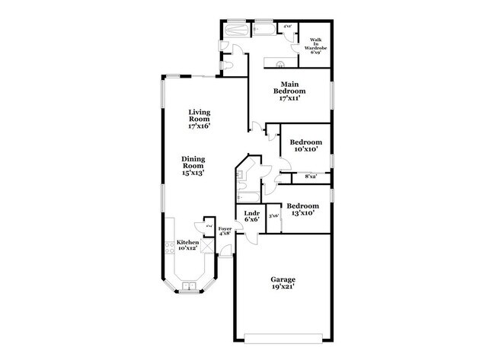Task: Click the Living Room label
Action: pyautogui.click(x=199, y=119)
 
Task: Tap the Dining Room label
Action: pyautogui.click(x=192, y=166)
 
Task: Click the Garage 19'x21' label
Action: pyautogui.click(x=283, y=283)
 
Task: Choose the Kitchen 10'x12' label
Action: pyautogui.click(x=188, y=245)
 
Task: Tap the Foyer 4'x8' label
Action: pyautogui.click(x=225, y=232)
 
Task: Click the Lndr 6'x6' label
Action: pyautogui.click(x=251, y=216)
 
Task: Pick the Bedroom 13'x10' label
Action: pyautogui.click(x=302, y=209)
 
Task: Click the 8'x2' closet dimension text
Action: pyautogui.click(x=311, y=177)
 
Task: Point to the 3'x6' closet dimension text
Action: pyautogui.click(x=274, y=216)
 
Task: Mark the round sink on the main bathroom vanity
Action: pyautogui.click(x=281, y=64)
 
